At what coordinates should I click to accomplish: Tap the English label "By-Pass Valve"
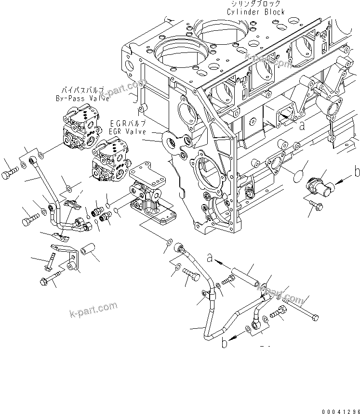[81, 99]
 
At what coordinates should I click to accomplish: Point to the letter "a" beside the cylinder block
[302, 127]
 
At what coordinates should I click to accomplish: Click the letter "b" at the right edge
[357, 172]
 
